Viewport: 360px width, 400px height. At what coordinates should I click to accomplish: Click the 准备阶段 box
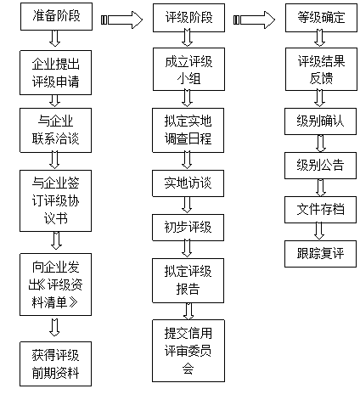56,16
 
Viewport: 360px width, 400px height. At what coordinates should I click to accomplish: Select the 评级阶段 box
188,18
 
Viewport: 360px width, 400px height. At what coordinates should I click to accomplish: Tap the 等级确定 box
321,18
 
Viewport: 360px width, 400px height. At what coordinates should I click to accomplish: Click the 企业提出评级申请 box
55,73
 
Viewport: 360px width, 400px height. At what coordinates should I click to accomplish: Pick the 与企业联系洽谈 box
55,130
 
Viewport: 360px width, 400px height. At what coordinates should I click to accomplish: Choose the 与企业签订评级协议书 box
55,200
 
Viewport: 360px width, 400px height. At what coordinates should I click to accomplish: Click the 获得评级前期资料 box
55,363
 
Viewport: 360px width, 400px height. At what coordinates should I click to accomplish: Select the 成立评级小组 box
188,69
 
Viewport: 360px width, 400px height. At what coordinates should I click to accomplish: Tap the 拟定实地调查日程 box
188,130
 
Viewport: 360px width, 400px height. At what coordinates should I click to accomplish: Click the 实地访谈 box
188,183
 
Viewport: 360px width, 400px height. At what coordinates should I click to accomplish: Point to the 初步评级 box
188,228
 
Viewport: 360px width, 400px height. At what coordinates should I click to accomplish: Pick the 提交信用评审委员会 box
188,351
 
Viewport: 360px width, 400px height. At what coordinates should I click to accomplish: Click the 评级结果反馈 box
321,69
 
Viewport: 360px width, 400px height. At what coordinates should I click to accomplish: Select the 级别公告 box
320,166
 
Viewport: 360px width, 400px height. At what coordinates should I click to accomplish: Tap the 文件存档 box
320,210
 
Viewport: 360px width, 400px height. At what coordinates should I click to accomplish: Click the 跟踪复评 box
320,254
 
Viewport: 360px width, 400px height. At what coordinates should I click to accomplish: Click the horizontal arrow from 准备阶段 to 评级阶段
121,20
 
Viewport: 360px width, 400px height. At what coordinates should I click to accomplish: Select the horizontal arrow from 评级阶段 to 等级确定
254,20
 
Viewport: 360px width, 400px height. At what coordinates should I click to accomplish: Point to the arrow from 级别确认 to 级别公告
320,144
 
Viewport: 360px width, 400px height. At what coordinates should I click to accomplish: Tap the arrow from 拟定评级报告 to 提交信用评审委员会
188,312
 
